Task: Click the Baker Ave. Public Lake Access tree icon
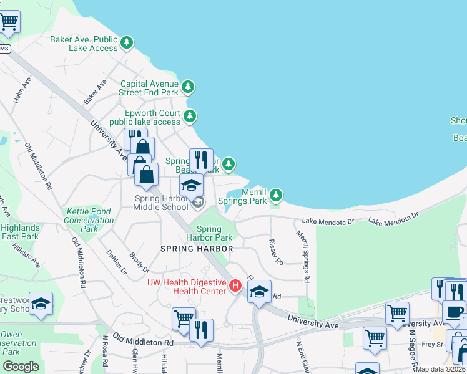pyautogui.click(x=127, y=43)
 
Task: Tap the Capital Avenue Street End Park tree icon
pyautogui.click(x=188, y=87)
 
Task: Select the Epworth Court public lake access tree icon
pyautogui.click(x=190, y=116)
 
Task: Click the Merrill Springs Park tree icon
pyautogui.click(x=276, y=196)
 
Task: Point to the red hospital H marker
pyautogui.click(x=235, y=287)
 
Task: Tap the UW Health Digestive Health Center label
pyautogui.click(x=186, y=287)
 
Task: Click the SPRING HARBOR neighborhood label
pyautogui.click(x=197, y=249)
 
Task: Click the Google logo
pyautogui.click(x=21, y=367)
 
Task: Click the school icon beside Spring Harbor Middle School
pyautogui.click(x=191, y=185)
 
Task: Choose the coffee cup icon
pyautogui.click(x=454, y=312)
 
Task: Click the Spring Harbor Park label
pyautogui.click(x=210, y=233)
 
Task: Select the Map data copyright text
pyautogui.click(x=441, y=369)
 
